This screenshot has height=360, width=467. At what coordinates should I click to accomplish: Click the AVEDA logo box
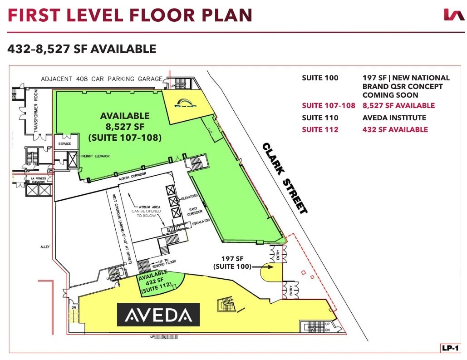(158, 314)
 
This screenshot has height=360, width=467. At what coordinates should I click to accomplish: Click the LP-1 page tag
(450, 348)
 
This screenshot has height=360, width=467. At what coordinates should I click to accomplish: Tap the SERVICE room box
(62, 143)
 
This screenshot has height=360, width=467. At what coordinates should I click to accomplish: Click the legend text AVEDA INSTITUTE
(394, 118)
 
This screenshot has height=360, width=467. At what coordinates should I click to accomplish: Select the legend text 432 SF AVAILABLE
(395, 130)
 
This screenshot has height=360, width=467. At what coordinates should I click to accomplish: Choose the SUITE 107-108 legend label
(328, 106)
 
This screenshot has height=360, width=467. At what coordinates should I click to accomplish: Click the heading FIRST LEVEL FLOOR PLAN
(130, 15)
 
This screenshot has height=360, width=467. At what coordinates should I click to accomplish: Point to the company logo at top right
(453, 15)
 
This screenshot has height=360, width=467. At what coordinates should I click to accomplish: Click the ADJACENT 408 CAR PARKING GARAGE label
(101, 79)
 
